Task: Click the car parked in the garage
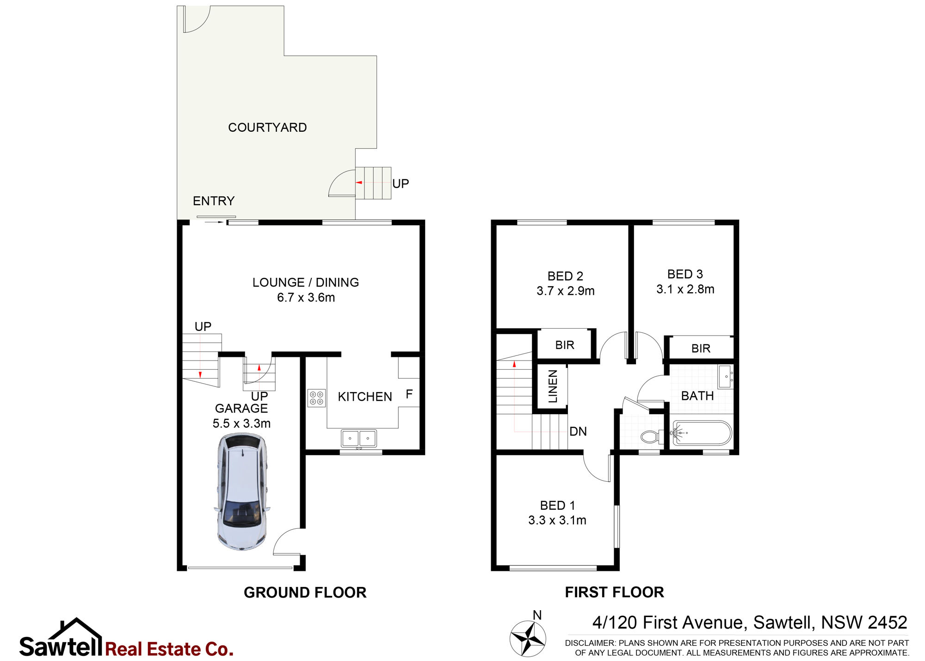(242, 492)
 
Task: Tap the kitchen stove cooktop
(316, 398)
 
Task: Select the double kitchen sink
(359, 438)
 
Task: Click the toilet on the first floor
(652, 436)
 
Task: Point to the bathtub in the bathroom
(702, 433)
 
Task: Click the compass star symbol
(528, 638)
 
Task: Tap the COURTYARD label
(267, 128)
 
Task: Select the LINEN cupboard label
(553, 386)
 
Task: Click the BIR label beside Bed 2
(565, 345)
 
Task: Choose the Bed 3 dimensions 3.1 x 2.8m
(685, 289)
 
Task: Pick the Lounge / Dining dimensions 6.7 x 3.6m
(306, 298)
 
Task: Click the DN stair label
(578, 431)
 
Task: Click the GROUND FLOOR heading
(305, 593)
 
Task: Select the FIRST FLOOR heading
(614, 592)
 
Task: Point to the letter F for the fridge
(409, 394)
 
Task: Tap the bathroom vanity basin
(725, 376)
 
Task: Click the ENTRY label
(214, 201)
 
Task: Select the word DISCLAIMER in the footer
(590, 643)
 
